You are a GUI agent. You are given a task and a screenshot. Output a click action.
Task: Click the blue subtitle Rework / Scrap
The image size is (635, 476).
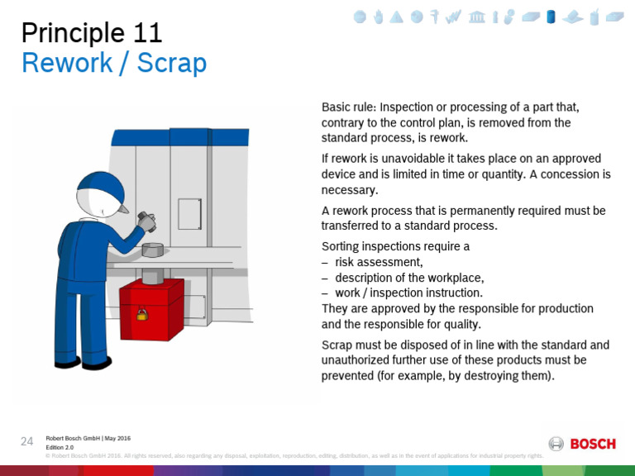[114, 63]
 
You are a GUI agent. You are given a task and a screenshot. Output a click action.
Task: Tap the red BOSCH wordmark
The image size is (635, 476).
[593, 444]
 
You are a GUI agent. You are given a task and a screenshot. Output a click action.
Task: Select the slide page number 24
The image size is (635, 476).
[26, 441]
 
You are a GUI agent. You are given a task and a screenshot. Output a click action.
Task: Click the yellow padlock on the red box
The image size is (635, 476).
[141, 314]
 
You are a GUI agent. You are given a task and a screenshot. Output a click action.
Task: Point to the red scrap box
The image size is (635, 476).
[151, 308]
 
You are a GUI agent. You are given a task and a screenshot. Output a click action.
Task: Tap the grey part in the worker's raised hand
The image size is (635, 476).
[146, 221]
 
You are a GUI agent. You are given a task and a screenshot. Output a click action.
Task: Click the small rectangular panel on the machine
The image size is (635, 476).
[189, 213]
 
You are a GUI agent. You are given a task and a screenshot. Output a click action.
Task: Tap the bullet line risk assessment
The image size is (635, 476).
[379, 262]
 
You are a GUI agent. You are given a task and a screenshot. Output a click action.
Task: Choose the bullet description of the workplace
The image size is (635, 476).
[409, 277]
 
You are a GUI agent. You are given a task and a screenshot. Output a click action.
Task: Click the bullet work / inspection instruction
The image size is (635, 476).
[408, 293]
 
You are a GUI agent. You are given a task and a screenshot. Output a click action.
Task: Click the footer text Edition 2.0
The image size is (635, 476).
[60, 447]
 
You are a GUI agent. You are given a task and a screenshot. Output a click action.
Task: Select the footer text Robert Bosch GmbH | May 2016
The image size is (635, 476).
[88, 438]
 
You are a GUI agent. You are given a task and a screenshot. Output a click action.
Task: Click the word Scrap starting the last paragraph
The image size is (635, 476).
[337, 345]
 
